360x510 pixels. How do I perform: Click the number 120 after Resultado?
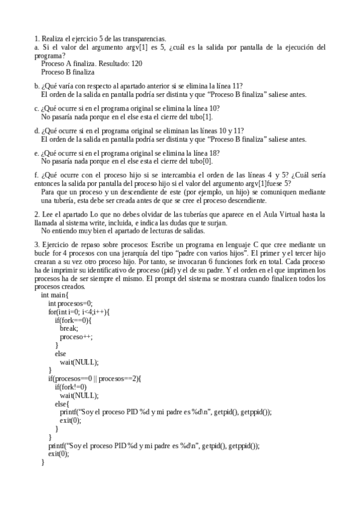pyautogui.click(x=135, y=63)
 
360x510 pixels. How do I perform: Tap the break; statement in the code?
pyautogui.click(x=69, y=328)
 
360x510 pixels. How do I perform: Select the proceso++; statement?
pyautogui.click(x=76, y=337)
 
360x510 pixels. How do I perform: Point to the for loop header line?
pyautogui.click(x=79, y=312)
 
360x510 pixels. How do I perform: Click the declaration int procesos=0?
pyautogui.click(x=71, y=304)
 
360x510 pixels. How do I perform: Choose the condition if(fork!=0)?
pyautogui.click(x=71, y=387)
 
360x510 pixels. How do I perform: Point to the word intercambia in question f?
pyautogui.click(x=168, y=175)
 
